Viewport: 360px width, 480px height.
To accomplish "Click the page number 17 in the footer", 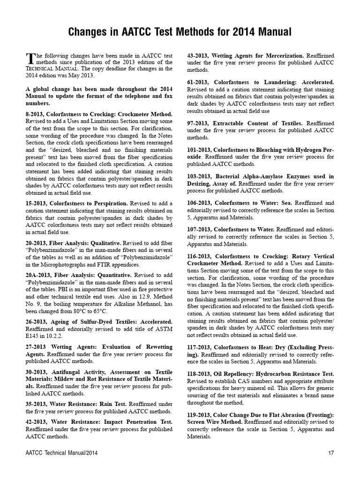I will (331, 453).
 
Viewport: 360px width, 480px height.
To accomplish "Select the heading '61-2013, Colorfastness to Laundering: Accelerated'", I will (260, 82).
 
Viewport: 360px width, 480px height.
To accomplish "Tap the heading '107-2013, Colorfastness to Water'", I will (231, 229).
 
